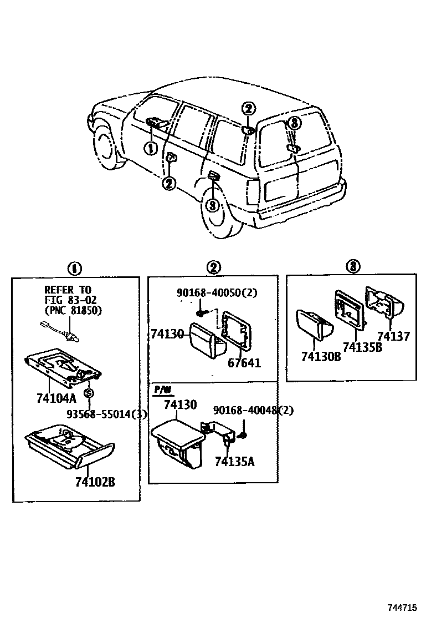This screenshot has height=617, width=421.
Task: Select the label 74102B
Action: [95, 482]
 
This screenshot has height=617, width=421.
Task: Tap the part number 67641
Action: [244, 363]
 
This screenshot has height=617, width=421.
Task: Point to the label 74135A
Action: [234, 461]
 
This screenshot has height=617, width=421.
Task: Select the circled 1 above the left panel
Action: [74, 269]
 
